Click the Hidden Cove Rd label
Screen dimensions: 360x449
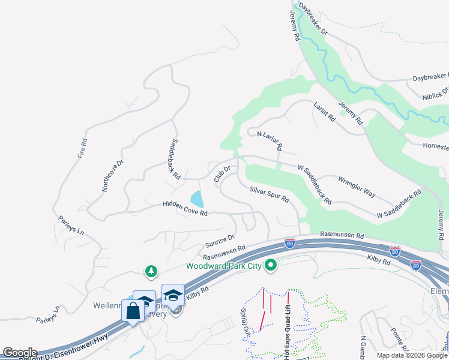[x=185, y=209]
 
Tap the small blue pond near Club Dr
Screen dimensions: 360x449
[x=196, y=199]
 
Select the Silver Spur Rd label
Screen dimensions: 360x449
[x=270, y=194]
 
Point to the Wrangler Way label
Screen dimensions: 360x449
[x=357, y=186]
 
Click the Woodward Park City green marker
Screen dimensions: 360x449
[x=271, y=265]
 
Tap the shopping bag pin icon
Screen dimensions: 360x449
[x=133, y=311]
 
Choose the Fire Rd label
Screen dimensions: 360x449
[x=83, y=148]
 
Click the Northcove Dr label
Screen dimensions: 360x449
[x=112, y=175]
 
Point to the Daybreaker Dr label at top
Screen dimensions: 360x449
[x=313, y=20]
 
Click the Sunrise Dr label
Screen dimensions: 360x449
[x=219, y=242]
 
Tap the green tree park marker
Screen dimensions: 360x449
[x=151, y=272]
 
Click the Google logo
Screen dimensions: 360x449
[x=19, y=353]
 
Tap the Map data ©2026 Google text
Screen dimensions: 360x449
[x=412, y=355]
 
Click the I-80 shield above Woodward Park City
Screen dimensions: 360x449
[x=291, y=242]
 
